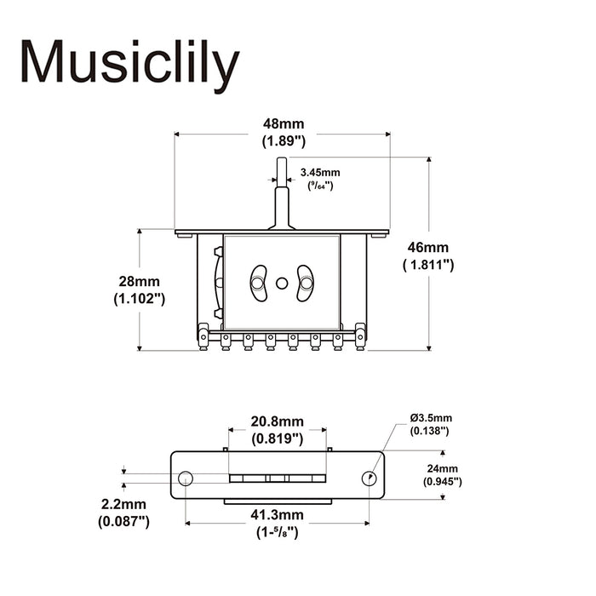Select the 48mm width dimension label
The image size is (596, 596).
coord(282,124)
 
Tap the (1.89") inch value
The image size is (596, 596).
coord(282,141)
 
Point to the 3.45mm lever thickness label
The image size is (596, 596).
coord(320,172)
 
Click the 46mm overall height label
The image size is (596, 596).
coord(428,247)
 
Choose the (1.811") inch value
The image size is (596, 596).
coord(428,265)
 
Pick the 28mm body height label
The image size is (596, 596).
coord(139,282)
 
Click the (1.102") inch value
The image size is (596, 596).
coord(139,299)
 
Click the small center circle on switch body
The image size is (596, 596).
coord(282,283)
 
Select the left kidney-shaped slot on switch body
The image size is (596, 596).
coord(258,283)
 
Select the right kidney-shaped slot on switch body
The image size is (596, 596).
coord(305,283)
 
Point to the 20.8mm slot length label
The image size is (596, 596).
coord(278,422)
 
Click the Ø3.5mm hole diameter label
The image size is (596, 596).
coord(431,417)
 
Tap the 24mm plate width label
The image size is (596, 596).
coord(443,468)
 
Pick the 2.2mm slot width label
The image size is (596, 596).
coord(123,504)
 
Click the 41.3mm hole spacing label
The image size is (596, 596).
coord(278,515)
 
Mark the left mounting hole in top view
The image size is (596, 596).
coord(185,478)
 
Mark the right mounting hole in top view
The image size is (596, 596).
coord(370,478)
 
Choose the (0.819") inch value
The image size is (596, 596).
coord(278,439)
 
